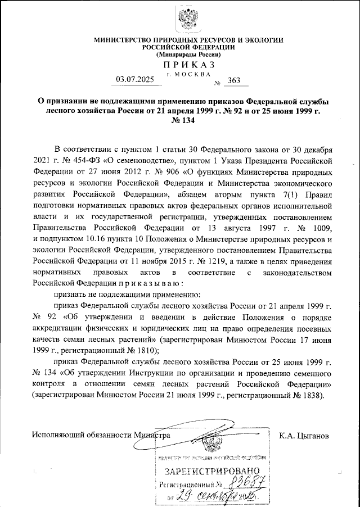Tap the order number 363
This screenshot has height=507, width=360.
click(231, 81)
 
